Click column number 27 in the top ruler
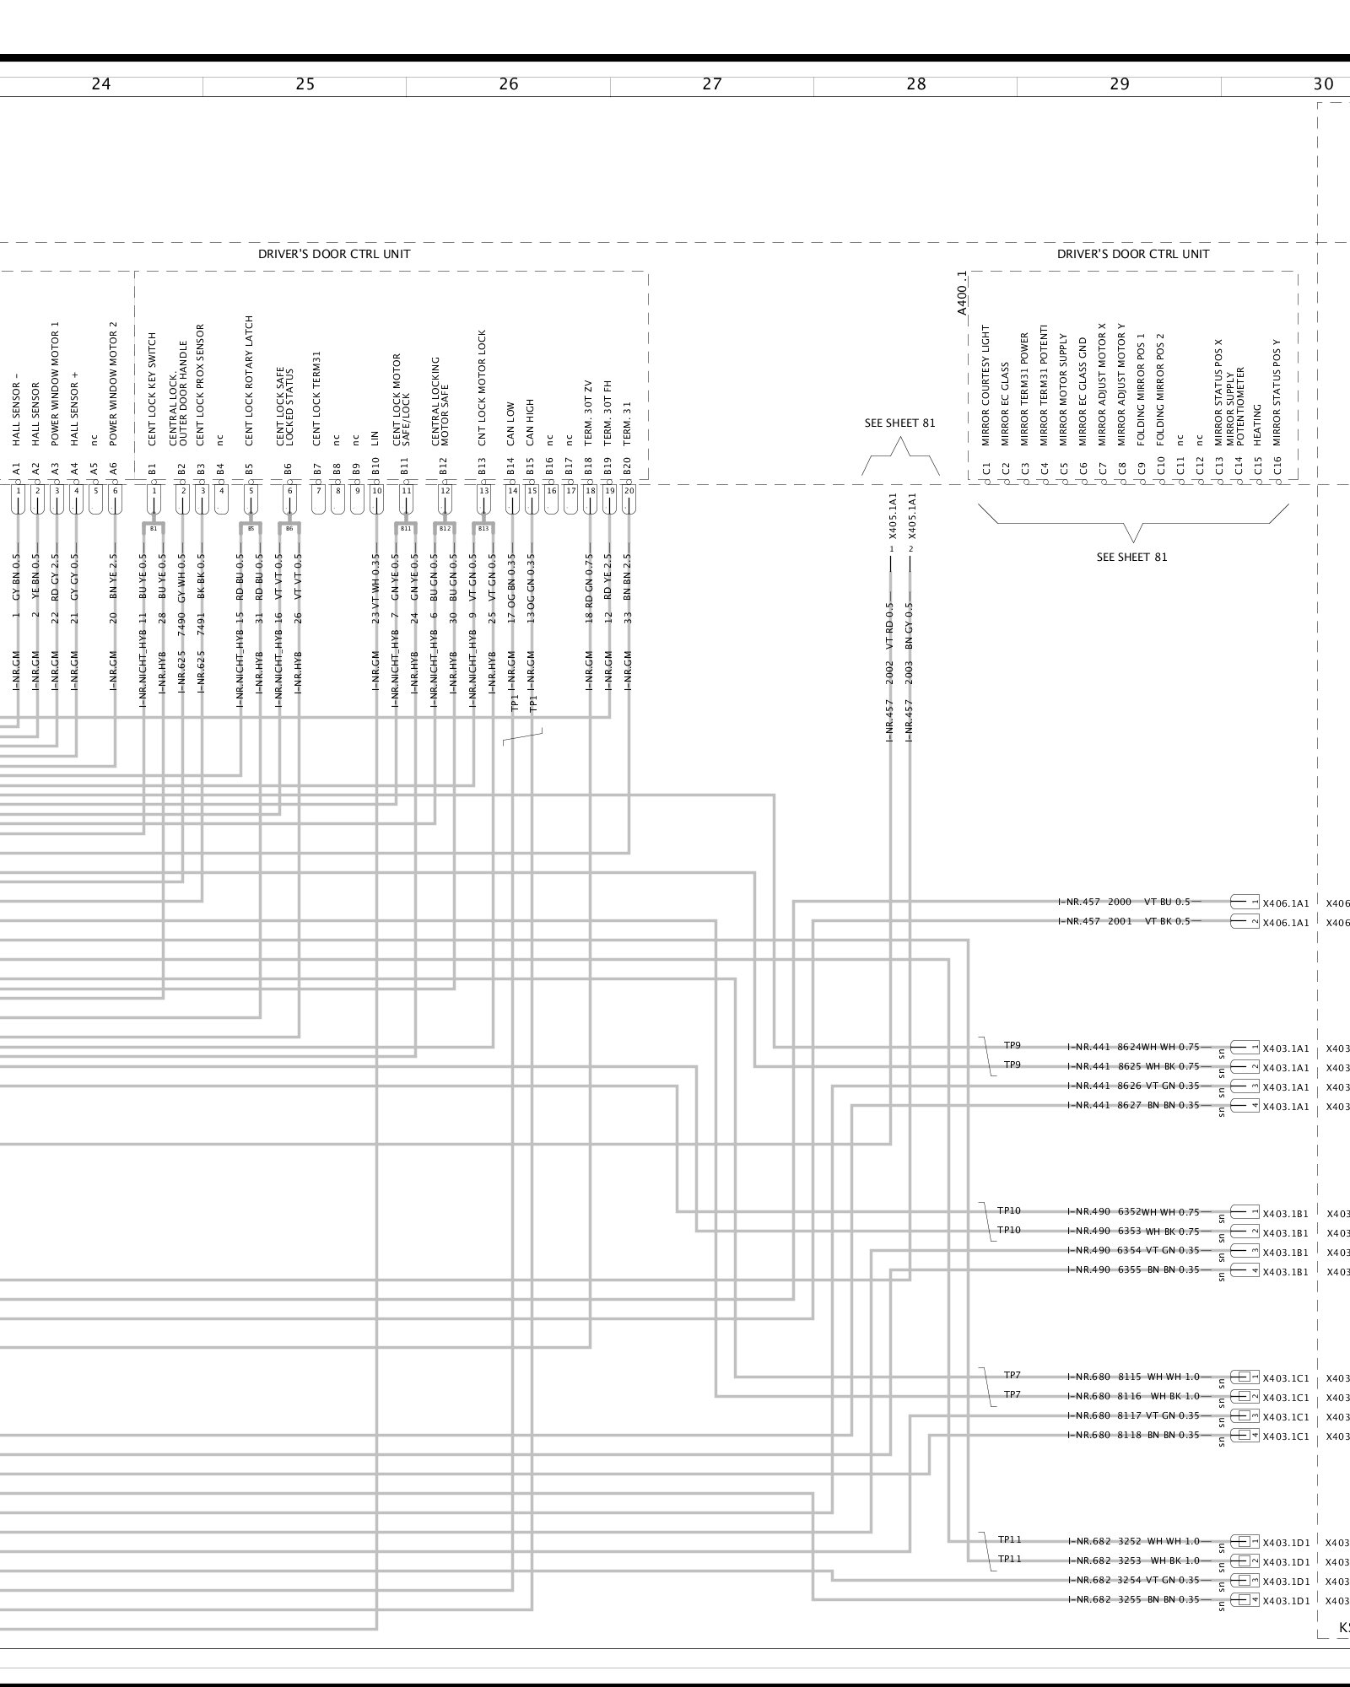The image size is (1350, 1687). pos(712,84)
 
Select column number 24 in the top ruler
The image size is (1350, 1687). pos(100,84)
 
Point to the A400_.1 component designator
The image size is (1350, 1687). pos(962,293)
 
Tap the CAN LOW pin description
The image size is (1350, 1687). pos(511,423)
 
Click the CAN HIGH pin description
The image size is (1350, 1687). pos(531,422)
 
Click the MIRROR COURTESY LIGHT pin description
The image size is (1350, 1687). pos(985,385)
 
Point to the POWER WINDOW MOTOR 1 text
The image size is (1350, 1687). pos(56,383)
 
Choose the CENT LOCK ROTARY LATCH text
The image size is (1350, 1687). pos(250,380)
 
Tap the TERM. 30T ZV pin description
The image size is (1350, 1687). pos(590,412)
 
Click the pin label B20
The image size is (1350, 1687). pos(627,467)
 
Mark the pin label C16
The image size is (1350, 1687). pos(1277,467)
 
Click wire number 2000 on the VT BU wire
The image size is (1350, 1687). pos(1119,902)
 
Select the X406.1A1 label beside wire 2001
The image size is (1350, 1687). pos(1285,923)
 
